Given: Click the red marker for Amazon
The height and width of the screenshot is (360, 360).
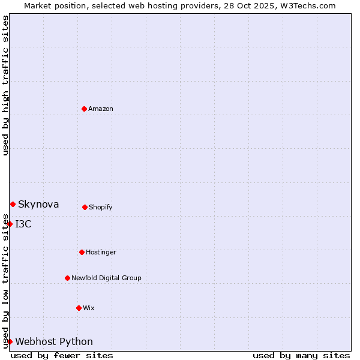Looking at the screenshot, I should (x=84, y=109).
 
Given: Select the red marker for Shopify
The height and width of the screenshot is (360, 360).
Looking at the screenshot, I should (x=85, y=207).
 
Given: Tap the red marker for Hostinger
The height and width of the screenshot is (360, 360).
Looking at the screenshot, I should (x=82, y=252).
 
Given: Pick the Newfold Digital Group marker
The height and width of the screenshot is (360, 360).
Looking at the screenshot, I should (x=67, y=278).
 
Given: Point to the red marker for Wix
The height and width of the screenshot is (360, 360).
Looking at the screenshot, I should (x=79, y=308).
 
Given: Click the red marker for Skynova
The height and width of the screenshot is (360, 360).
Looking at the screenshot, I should (x=13, y=204).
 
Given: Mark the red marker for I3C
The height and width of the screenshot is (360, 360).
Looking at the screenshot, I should (x=10, y=224).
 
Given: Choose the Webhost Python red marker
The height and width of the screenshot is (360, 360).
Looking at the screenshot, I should (x=10, y=341).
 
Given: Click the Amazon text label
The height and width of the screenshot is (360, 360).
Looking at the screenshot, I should (x=101, y=109).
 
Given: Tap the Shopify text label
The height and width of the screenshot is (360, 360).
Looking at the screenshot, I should (x=101, y=207).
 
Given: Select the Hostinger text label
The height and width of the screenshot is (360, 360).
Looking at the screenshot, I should (x=101, y=252).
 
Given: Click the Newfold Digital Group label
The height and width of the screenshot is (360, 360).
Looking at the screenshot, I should (x=106, y=278).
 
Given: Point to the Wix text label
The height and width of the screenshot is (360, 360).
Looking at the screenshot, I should (x=89, y=308).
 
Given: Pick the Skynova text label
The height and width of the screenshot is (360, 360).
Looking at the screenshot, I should (x=38, y=204).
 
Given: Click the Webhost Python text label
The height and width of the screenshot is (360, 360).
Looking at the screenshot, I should (x=54, y=341).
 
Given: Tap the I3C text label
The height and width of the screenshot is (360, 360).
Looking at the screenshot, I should (x=23, y=224).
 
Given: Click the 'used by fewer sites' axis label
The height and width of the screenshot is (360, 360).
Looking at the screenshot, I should (x=62, y=355).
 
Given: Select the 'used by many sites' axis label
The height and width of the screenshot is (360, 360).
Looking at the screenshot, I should (x=301, y=355).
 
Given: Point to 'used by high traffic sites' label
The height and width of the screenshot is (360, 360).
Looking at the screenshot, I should (x=5, y=85).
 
